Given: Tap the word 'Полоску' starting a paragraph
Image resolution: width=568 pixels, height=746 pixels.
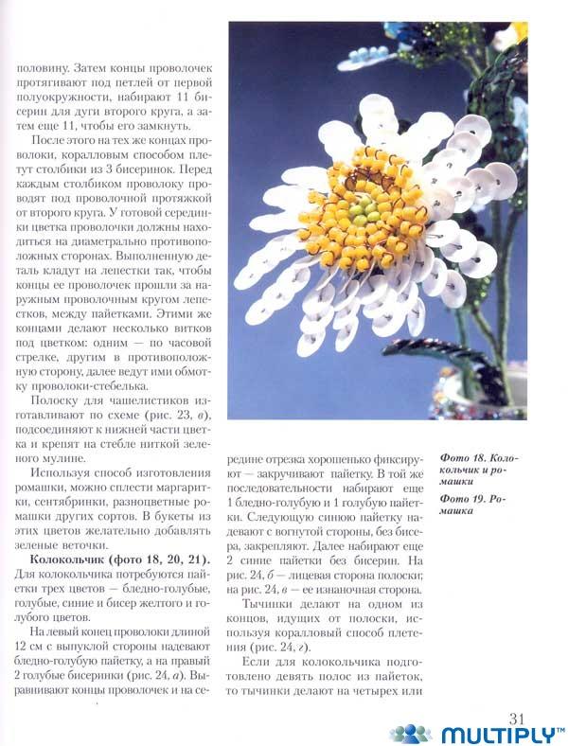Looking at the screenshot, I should point(57,402).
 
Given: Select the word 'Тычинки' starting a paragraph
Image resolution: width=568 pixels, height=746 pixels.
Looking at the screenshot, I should point(271,604).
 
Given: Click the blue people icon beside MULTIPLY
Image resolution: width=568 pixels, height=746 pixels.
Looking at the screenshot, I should point(411,734).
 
